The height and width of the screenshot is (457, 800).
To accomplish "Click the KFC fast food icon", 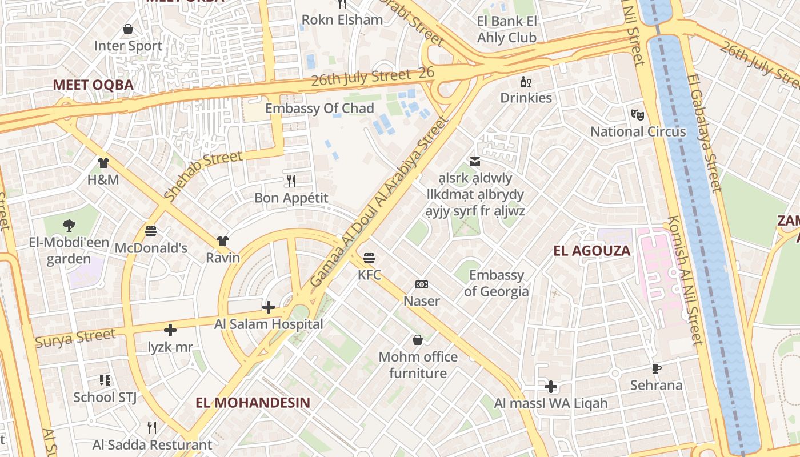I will [x=369, y=258].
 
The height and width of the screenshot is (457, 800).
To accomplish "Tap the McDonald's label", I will [x=151, y=248].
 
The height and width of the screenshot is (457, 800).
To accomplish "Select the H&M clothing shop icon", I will [x=103, y=163].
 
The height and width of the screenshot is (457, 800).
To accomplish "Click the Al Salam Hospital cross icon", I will [x=269, y=307].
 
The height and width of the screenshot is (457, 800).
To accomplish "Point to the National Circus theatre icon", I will [x=638, y=114].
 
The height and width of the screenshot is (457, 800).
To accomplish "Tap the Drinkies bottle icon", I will [x=525, y=82].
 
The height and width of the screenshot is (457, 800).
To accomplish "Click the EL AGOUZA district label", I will [x=592, y=250].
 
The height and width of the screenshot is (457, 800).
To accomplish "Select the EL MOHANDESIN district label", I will [x=253, y=402].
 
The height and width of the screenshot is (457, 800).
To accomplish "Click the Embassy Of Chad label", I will [x=319, y=108].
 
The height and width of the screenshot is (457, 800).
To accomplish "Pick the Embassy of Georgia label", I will [x=496, y=283].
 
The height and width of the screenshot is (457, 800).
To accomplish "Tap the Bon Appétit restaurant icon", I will [x=291, y=181].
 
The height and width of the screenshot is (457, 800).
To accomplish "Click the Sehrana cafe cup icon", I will [x=656, y=369].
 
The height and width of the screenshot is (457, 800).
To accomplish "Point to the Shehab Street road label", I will [x=203, y=175].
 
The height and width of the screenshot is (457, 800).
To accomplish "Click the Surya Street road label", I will [x=75, y=338].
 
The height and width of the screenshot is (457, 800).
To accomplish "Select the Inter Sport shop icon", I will [x=128, y=29].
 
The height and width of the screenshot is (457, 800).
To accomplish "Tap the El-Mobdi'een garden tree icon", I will [x=69, y=226].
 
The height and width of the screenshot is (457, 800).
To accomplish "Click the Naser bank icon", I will [x=422, y=284].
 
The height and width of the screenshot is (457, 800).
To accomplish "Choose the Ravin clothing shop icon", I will [x=222, y=241].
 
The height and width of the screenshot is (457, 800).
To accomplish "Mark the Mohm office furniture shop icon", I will [x=418, y=340].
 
